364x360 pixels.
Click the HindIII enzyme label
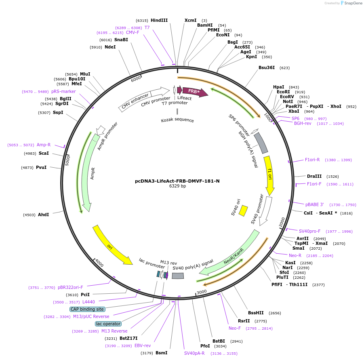pyautogui.click(x=159, y=20)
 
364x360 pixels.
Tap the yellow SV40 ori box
pyautogui.click(x=243, y=211)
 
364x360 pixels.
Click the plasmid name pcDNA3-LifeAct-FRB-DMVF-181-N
pyautogui.click(x=177, y=181)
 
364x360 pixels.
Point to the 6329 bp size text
pyautogui.click(x=177, y=186)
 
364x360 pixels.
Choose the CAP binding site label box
pyautogui.click(x=87, y=309)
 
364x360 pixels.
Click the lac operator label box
pyautogui.click(x=108, y=324)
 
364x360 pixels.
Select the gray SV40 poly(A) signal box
pyautogui.click(x=178, y=276)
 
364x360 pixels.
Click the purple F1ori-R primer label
pyautogui.click(x=312, y=160)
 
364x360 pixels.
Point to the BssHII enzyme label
pyautogui.click(x=256, y=313)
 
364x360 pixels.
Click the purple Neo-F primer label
pyautogui.click(x=235, y=328)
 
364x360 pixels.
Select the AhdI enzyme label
pyautogui.click(x=43, y=215)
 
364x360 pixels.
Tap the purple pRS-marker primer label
pyautogui.click(x=61, y=91)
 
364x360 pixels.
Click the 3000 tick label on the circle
pyautogui.click(x=201, y=292)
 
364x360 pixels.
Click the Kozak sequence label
pyautogui.click(x=177, y=120)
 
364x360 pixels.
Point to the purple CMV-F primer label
pyautogui.click(x=133, y=32)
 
